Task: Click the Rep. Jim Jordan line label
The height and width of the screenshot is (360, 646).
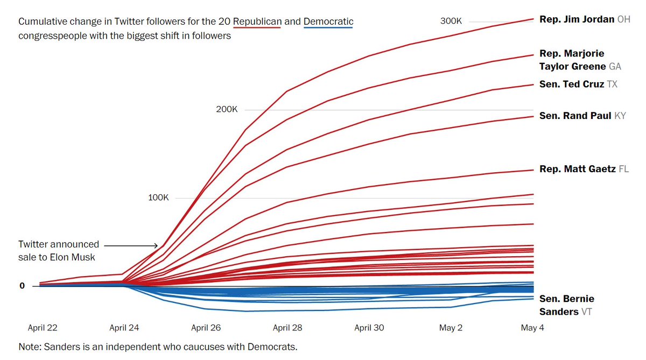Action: pyautogui.click(x=585, y=19)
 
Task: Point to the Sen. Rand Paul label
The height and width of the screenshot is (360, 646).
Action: pyautogui.click(x=582, y=116)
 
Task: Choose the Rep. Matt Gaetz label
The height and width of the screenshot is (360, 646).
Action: pyautogui.click(x=584, y=169)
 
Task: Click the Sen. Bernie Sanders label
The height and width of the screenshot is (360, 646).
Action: pyautogui.click(x=567, y=305)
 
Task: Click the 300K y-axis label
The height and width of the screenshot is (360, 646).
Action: pyautogui.click(x=451, y=21)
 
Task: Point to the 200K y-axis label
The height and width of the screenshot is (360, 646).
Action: pyautogui.click(x=227, y=109)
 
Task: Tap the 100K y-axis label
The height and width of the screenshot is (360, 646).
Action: pyautogui.click(x=158, y=197)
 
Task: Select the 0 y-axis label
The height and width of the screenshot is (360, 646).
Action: pyautogui.click(x=23, y=286)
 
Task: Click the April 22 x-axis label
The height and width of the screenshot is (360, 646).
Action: pyautogui.click(x=43, y=328)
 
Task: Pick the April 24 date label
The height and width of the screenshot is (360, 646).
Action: pyautogui.click(x=124, y=328)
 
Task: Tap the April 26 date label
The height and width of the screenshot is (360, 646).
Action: pyautogui.click(x=206, y=328)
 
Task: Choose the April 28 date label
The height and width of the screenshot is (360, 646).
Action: pyautogui.click(x=287, y=328)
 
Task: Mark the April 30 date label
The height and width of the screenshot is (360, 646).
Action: pyautogui.click(x=369, y=328)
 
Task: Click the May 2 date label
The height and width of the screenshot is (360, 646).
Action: pyautogui.click(x=451, y=328)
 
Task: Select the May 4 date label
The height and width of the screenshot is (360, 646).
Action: pyautogui.click(x=532, y=328)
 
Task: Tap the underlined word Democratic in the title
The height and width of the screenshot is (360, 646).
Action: pyautogui.click(x=328, y=22)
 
